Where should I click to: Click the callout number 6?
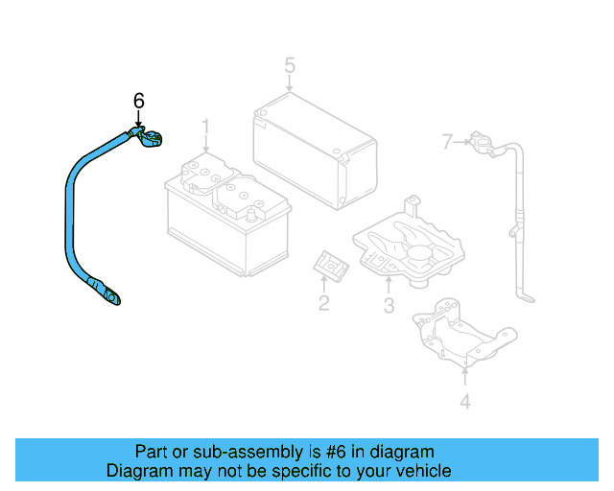click(138, 100)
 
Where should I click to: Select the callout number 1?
click(204, 128)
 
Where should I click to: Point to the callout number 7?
click(446, 143)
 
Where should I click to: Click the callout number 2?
click(323, 304)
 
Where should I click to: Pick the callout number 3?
click(389, 306)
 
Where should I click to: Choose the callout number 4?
click(464, 403)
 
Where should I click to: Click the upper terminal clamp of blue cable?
click(149, 140)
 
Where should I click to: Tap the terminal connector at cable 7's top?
click(480, 145)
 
